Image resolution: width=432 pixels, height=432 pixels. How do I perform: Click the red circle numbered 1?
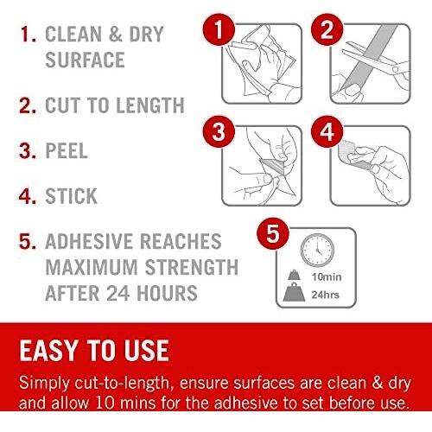pos(219,29)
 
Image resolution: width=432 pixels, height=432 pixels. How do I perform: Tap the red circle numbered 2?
pos(327,29)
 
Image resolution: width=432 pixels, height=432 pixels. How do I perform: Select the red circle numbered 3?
pos(219,131)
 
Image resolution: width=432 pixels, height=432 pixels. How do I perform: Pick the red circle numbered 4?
pos(327,131)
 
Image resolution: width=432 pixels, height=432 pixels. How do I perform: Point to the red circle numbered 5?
pos(273,233)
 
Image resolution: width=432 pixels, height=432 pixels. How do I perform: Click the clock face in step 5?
pos(317,251)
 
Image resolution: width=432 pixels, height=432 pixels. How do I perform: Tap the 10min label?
pos(327,277)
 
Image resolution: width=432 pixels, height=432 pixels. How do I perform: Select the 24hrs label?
pos(326,295)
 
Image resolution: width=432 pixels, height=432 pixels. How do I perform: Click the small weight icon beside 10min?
pos(294,276)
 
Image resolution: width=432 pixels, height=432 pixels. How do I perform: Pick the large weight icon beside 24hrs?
pos(294,293)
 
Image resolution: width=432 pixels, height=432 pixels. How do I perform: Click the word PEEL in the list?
pos(67,150)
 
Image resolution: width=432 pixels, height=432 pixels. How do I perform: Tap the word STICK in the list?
pos(71,196)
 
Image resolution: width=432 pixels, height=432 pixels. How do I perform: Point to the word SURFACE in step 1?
pos(85,60)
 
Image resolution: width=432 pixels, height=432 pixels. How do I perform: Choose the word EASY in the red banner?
pos(49,350)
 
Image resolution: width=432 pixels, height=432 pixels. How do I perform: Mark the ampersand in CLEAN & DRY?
pos(116,34)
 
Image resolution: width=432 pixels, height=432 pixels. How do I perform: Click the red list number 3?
pos(28,150)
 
